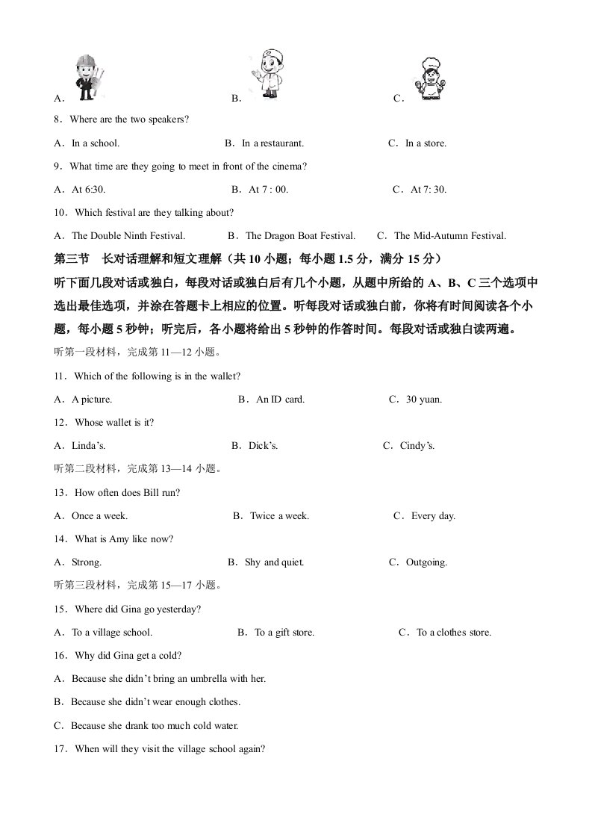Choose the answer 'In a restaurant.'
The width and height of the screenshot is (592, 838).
point(272,143)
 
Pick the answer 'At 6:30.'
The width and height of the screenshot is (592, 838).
point(88,190)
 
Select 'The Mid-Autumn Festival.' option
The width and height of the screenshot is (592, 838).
point(449,236)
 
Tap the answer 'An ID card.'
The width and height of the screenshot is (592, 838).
point(280,400)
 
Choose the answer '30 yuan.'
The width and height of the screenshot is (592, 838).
point(424,400)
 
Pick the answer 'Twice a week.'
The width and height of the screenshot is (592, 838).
point(279,516)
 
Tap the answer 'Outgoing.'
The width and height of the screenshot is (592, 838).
point(426,562)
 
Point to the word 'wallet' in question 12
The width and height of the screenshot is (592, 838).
point(118,423)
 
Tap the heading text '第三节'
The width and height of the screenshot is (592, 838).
point(72,259)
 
